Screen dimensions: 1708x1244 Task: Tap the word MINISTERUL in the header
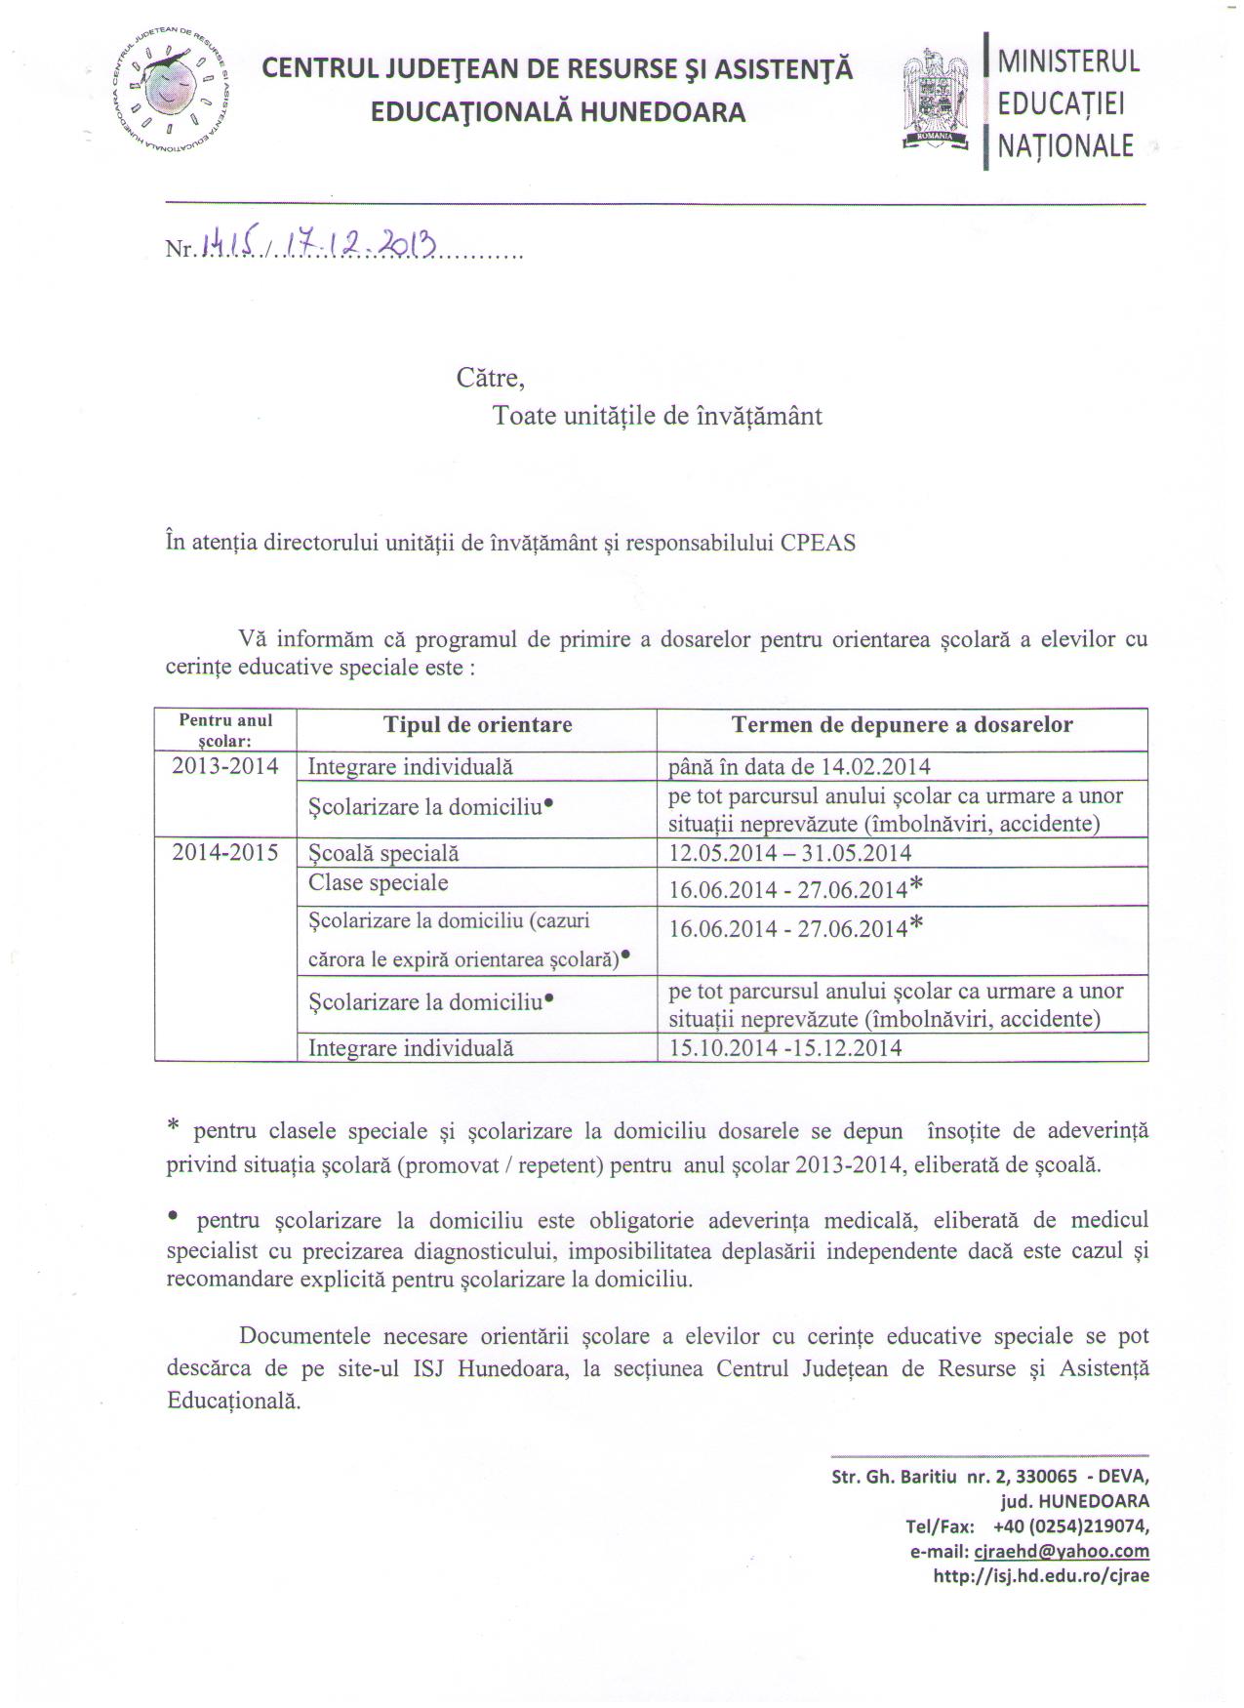click(1068, 61)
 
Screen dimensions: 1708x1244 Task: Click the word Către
click(490, 377)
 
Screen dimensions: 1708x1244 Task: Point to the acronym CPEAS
click(818, 544)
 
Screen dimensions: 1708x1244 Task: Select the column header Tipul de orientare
click(477, 725)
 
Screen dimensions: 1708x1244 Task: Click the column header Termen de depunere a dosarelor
click(902, 725)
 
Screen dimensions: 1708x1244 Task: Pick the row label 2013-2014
click(225, 766)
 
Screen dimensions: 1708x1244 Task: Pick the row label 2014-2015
click(225, 853)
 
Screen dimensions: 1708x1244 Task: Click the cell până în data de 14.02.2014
click(799, 767)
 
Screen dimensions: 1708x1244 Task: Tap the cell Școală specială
click(383, 854)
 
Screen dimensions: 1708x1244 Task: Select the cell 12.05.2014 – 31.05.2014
click(790, 854)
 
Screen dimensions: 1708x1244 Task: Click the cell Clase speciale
click(379, 883)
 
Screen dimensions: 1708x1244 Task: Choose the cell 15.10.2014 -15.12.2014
click(785, 1049)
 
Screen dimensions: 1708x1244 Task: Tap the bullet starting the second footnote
click(173, 1216)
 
